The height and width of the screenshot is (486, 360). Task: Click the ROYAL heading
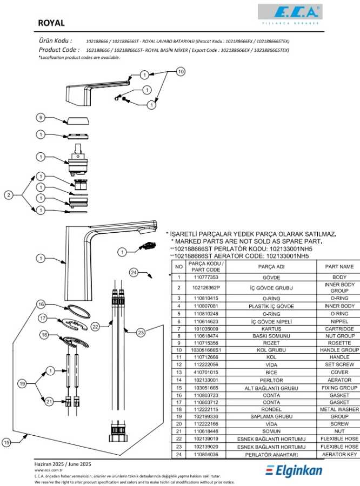point(51,23)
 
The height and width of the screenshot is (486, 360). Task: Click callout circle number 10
point(181,71)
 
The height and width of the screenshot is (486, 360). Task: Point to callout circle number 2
point(9,195)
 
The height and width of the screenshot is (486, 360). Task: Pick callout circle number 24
point(134,272)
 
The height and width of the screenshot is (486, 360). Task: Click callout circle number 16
point(41,305)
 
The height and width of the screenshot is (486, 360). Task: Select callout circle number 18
point(44,335)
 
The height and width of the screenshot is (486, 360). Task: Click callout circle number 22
point(95,326)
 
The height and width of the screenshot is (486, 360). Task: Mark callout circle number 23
point(141,333)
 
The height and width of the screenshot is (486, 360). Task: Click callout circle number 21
point(49,401)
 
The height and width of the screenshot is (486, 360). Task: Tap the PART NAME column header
point(339,266)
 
